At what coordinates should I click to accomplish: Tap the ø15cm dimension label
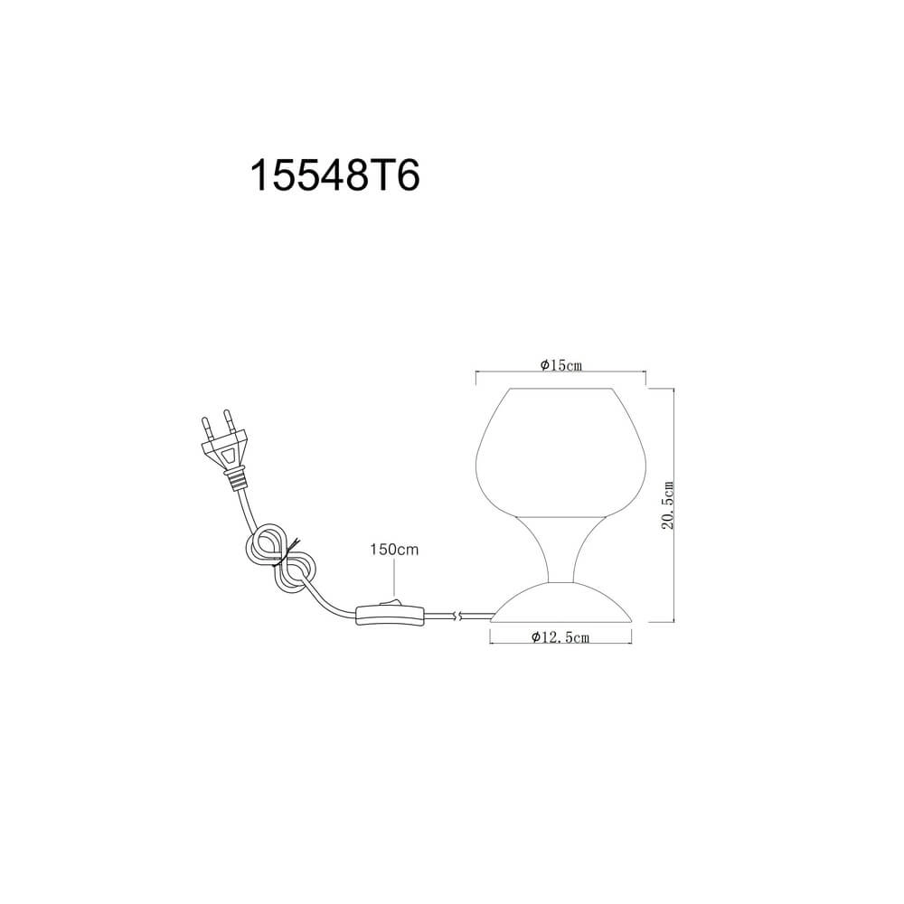point(561,365)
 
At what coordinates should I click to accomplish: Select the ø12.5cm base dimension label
point(560,637)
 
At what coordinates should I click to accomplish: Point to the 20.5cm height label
point(667,505)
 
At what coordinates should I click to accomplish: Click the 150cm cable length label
point(394,550)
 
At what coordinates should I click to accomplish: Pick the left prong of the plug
point(205,428)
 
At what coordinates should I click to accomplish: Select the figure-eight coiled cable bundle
point(279,557)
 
